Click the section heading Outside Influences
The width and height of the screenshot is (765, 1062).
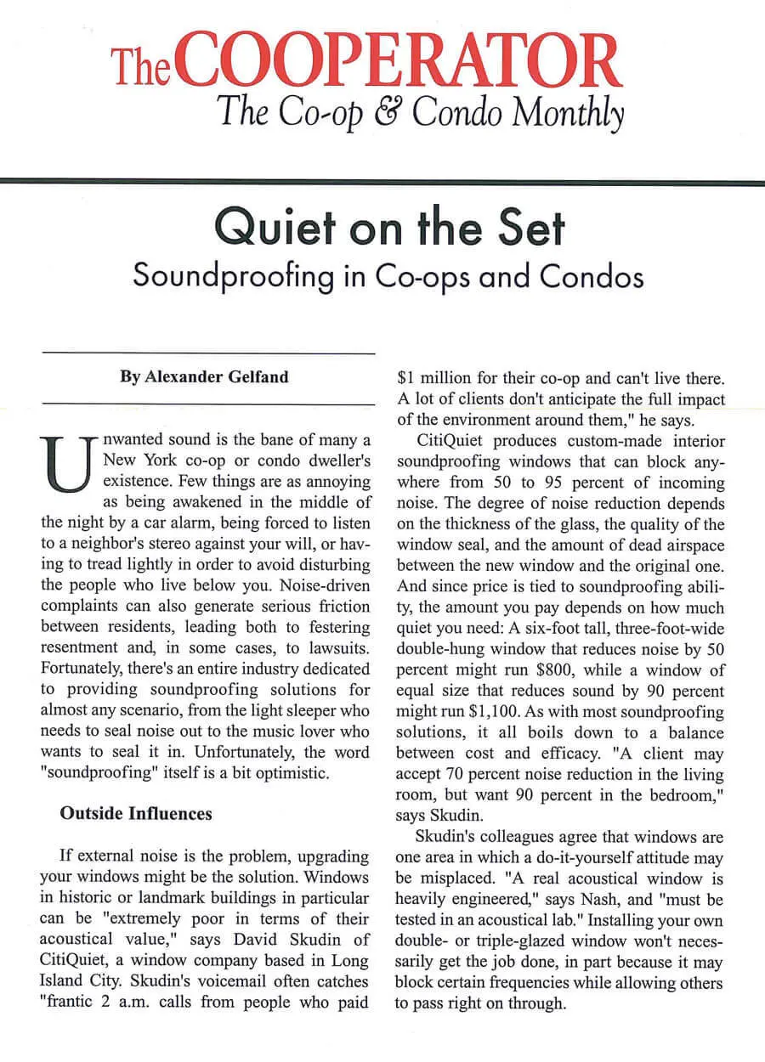(136, 813)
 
